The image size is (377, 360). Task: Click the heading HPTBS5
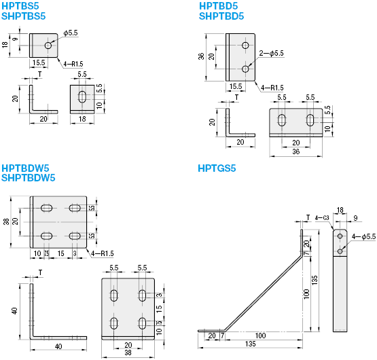(x=20, y=6)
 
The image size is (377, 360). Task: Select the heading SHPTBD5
(x=221, y=16)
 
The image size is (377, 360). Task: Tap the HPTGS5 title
(x=217, y=168)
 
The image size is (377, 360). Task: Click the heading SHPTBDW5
(x=29, y=178)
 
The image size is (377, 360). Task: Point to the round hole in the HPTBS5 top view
(x=48, y=46)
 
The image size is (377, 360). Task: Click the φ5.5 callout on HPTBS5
(x=71, y=33)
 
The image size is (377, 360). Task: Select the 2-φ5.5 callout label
(x=272, y=53)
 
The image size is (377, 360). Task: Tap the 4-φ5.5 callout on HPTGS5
(x=363, y=237)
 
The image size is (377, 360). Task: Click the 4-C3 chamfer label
(x=322, y=218)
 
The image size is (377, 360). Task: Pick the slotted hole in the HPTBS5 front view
(x=82, y=96)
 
